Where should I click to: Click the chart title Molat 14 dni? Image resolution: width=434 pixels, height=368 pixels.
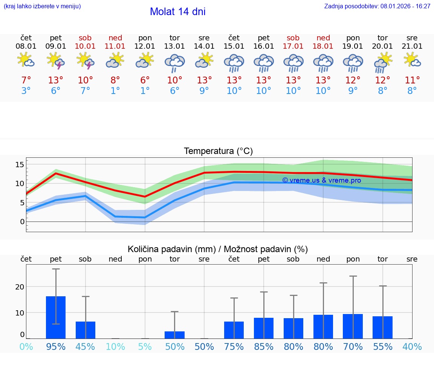(177, 12)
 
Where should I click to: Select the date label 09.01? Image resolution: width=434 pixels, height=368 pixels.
(56, 46)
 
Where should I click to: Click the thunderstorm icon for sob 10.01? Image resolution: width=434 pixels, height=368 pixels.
(85, 61)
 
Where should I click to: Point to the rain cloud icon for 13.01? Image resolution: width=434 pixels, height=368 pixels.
(174, 62)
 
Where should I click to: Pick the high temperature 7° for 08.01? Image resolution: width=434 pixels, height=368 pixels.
(26, 80)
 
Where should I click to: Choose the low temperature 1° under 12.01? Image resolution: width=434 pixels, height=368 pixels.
(145, 91)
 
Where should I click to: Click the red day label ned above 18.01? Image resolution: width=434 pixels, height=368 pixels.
(323, 38)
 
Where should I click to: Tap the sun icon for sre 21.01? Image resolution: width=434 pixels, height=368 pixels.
(412, 60)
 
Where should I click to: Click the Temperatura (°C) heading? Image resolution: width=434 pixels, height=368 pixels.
(218, 151)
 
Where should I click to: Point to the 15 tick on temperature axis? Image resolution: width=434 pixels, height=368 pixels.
(20, 165)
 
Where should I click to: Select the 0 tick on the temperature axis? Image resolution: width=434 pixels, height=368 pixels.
(22, 222)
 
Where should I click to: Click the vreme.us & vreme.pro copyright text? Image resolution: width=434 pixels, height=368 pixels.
(321, 180)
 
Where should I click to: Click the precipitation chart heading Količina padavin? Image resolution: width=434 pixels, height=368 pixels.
(217, 249)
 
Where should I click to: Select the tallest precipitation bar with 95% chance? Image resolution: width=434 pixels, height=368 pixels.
(56, 317)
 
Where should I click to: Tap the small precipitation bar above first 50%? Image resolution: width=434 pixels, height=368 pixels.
(174, 335)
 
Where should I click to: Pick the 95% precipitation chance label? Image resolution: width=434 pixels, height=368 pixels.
(56, 346)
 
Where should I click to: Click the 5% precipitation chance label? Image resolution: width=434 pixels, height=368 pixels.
(145, 346)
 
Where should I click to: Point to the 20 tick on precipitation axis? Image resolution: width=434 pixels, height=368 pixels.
(20, 286)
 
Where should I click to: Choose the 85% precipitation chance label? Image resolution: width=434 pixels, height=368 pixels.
(264, 346)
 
